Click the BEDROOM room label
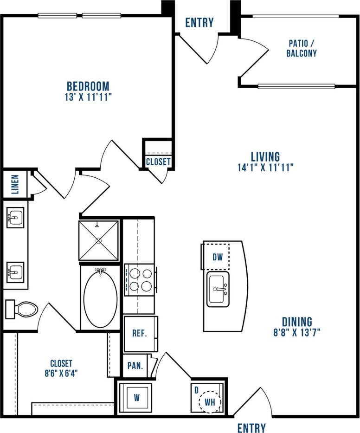[x=88, y=86]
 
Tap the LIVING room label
[x=265, y=156]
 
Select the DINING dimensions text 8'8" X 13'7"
[x=297, y=332]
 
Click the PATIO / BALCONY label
[x=302, y=48]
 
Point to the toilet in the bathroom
[x=22, y=309]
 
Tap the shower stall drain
[x=98, y=240]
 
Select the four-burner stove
[x=140, y=280]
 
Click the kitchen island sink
[x=218, y=290]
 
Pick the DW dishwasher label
[x=218, y=257]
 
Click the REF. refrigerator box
[x=140, y=334]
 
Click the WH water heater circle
[x=210, y=402]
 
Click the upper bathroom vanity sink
[x=15, y=217]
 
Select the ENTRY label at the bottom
[x=251, y=427]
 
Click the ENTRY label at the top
[x=199, y=22]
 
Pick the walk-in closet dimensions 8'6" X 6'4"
[x=61, y=372]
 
